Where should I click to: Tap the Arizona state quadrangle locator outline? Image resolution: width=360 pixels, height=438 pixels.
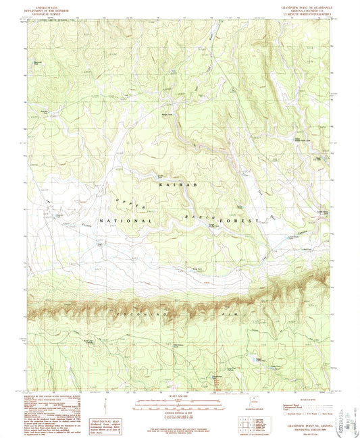(255, 405)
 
